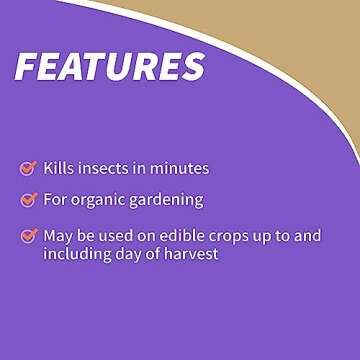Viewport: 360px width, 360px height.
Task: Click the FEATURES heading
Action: click(x=109, y=66)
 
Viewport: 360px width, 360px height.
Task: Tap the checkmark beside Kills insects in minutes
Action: click(x=28, y=168)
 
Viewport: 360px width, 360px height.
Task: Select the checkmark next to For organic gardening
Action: click(x=28, y=199)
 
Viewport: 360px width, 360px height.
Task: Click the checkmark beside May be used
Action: click(x=28, y=236)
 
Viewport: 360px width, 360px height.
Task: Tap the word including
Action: click(x=74, y=254)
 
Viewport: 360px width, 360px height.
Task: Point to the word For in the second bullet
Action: click(x=55, y=199)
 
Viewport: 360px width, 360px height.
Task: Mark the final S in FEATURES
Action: click(x=190, y=66)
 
